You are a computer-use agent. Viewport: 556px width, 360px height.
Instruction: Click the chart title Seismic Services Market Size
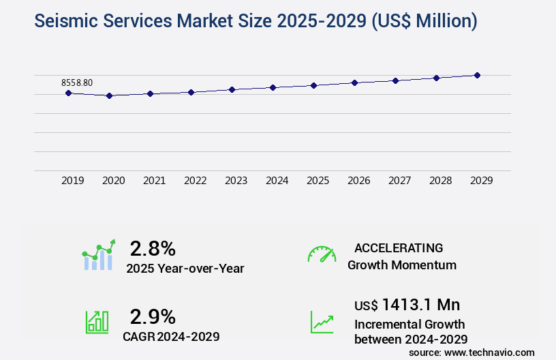pos(256,21)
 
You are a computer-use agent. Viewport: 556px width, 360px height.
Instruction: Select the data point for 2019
pos(68,93)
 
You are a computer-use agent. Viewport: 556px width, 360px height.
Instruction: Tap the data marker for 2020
pos(109,96)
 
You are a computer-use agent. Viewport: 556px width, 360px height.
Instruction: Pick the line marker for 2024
pos(273,87)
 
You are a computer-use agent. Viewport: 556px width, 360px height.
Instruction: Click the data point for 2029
pos(477,75)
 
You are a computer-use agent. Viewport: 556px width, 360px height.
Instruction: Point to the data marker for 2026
pos(354,82)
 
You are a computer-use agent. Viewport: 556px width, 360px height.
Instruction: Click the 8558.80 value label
pos(77,82)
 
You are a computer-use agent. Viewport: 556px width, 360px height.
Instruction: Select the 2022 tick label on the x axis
pos(195,181)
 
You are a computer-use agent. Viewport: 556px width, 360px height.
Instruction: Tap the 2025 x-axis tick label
pos(318,181)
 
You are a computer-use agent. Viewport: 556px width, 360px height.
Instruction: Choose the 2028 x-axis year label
pos(440,181)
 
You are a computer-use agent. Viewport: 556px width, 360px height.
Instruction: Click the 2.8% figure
pos(153,247)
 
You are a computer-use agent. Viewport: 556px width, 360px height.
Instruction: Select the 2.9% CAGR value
pos(153,316)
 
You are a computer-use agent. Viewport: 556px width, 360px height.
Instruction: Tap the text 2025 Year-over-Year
pos(185,269)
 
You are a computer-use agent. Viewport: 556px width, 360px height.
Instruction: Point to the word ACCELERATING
pos(399,247)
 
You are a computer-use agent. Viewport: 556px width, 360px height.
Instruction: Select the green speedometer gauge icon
pos(322,254)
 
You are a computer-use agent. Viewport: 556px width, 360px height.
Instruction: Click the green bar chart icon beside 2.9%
pos(97,322)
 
